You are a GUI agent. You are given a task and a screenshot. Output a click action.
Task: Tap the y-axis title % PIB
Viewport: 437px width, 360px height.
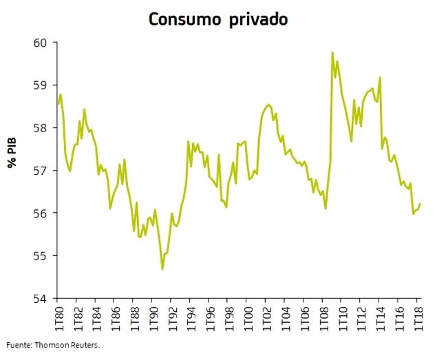coord(12,153)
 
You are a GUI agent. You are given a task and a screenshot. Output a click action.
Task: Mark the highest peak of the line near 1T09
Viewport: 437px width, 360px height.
coord(332,52)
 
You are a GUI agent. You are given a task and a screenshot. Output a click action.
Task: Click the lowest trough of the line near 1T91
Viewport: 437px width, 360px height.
coord(162,269)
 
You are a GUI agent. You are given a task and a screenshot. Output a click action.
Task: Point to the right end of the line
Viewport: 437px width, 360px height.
coord(420,204)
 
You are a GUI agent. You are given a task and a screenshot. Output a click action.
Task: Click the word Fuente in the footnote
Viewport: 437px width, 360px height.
coord(19,346)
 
